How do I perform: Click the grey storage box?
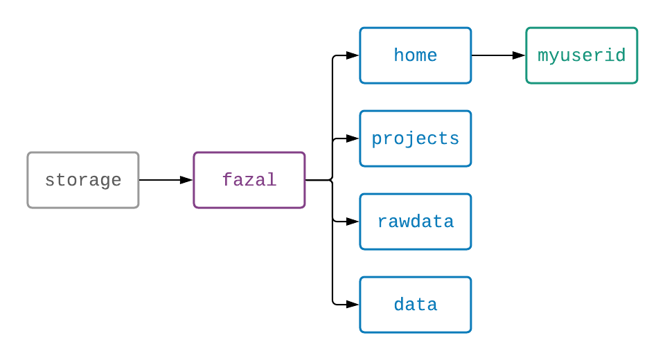[x=83, y=180]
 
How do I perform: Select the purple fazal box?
[x=249, y=180]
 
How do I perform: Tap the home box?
[x=416, y=55]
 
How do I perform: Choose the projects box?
[x=416, y=138]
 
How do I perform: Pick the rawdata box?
[x=416, y=222]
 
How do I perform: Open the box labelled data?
[x=416, y=305]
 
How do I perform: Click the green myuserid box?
[x=582, y=55]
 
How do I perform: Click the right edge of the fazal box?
[x=305, y=180]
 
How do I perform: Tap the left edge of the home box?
[x=360, y=55]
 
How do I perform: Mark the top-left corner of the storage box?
[x=28, y=153]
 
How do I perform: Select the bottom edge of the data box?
[x=416, y=332]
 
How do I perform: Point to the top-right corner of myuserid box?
[x=637, y=28]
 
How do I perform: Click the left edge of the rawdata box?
[x=360, y=222]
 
